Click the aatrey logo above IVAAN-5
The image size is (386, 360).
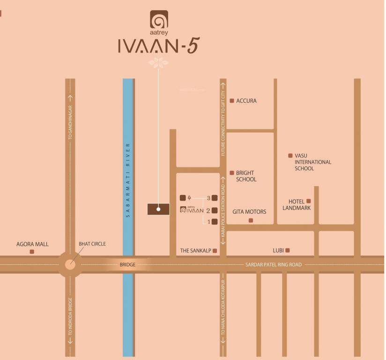pos(159,20)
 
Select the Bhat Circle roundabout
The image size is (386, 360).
pos(70,264)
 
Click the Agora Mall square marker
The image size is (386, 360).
pos(32,252)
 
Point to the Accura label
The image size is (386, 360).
pos(246,101)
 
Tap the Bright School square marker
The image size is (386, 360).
pos(231,173)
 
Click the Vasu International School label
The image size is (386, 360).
pos(312,162)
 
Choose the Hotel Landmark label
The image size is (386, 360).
pos(297,204)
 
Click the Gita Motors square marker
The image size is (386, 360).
pos(251,220)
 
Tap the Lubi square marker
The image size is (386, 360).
pos(288,250)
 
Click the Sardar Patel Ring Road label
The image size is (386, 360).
pos(274,265)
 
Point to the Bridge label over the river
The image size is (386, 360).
pos(127,265)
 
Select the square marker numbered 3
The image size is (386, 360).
pos(215,198)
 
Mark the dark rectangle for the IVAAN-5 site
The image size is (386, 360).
pos(158,209)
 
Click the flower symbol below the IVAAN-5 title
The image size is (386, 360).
pos(158,62)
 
